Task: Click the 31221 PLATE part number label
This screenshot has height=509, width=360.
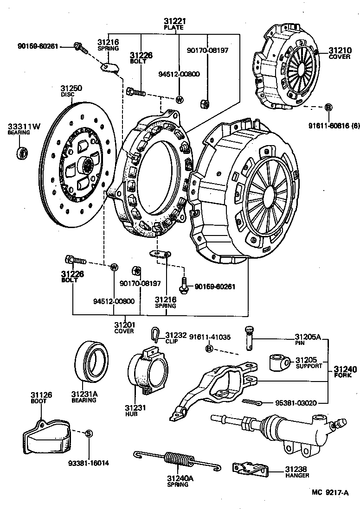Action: (x=174, y=24)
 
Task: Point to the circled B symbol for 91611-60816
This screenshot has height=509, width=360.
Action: (x=328, y=108)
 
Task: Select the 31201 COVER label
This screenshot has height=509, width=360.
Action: (x=124, y=327)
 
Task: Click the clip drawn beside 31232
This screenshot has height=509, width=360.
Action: (x=155, y=333)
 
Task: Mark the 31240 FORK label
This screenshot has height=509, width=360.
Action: (x=345, y=372)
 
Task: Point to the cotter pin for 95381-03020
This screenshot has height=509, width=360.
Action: (x=254, y=401)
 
